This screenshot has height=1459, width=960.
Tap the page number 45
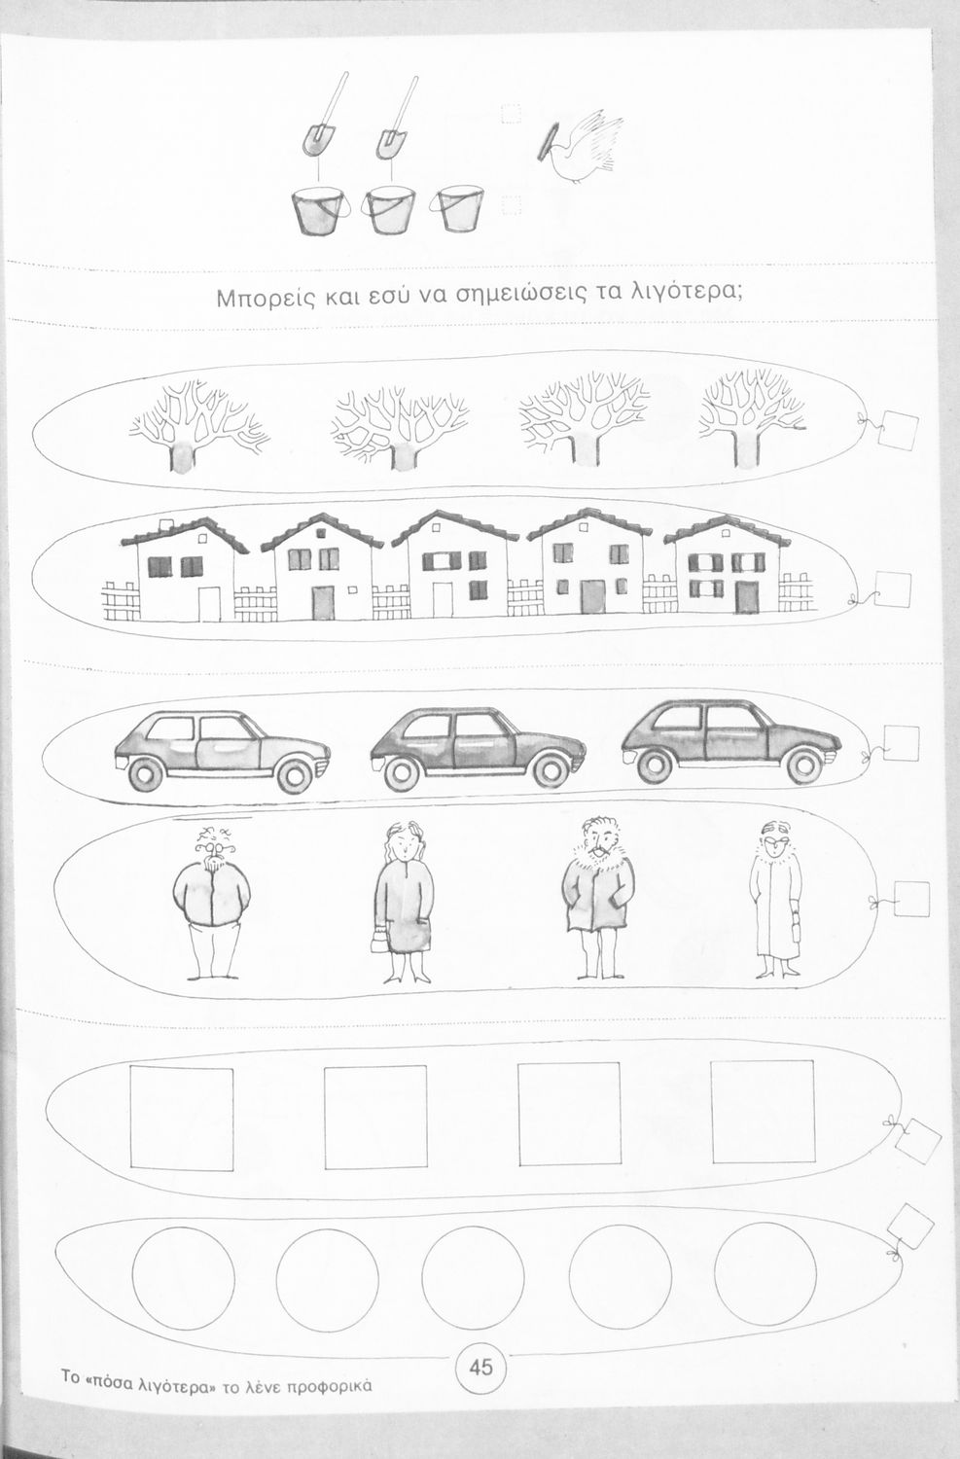coord(481,1366)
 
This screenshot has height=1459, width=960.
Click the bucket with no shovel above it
coord(460,209)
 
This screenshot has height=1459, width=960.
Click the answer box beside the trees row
coord(899,431)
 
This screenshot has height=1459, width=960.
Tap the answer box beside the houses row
coord(892,589)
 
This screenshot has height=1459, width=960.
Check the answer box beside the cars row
coord(900,743)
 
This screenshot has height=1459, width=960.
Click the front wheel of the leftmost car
coord(296,775)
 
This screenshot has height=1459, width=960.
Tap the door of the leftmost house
coord(209,604)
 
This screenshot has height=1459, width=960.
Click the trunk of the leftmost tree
coord(182,455)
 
